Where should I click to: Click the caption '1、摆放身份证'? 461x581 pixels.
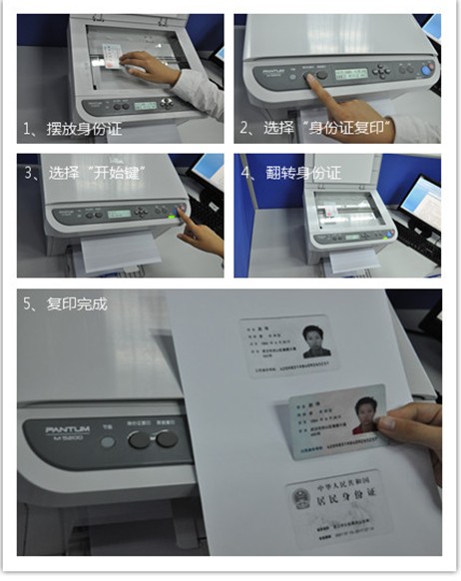click(73, 129)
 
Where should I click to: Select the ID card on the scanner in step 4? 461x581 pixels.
click(335, 214)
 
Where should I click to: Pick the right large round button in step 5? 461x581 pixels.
click(167, 438)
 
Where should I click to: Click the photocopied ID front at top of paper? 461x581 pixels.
click(289, 344)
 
